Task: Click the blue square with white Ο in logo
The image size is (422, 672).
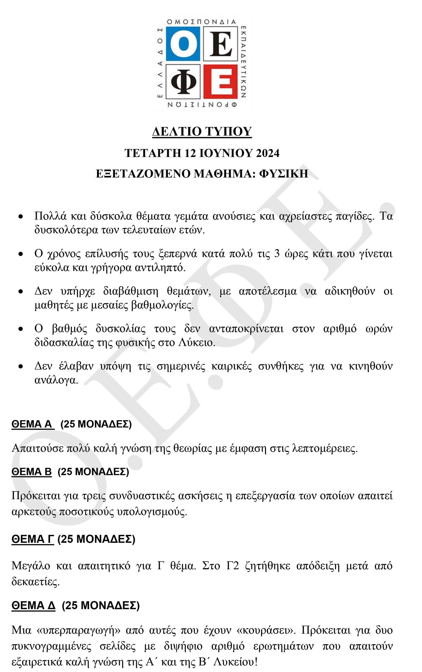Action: [183, 44]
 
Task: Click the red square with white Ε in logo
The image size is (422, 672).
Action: [220, 81]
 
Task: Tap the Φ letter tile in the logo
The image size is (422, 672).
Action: [183, 81]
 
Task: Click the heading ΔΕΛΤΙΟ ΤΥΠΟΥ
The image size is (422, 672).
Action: [202, 131]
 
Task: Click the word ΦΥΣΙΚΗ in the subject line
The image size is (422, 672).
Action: [283, 173]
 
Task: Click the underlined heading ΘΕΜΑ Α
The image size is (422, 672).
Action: [33, 424]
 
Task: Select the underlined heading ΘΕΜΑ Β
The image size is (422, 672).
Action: [32, 471]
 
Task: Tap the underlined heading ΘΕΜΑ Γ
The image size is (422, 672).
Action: [33, 539]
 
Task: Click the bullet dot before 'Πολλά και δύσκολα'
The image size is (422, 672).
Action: [21, 217]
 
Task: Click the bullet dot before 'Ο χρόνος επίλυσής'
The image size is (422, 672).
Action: [21, 254]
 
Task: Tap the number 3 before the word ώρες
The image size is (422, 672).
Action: [277, 254]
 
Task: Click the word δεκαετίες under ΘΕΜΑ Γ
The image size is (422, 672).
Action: [35, 582]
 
